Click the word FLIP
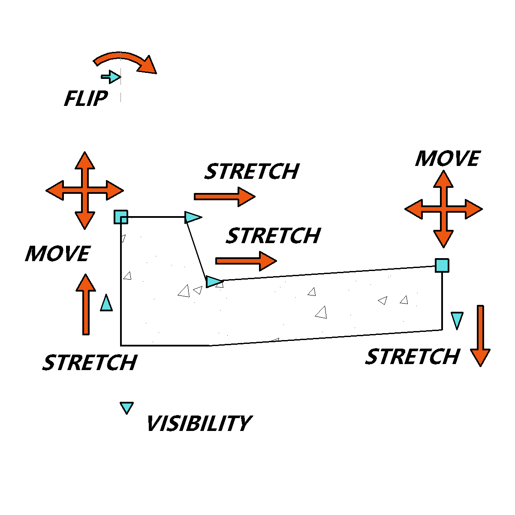[86, 98]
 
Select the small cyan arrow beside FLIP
[111, 77]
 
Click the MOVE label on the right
[448, 159]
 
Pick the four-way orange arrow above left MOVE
[85, 190]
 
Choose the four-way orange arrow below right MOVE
[443, 209]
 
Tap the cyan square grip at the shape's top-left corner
[121, 217]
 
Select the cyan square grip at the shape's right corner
[442, 265]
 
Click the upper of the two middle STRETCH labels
[252, 172]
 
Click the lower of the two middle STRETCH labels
[273, 235]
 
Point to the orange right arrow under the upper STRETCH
[225, 197]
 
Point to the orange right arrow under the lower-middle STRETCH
[246, 261]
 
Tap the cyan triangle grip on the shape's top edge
[193, 217]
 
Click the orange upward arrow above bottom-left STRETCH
[86, 304]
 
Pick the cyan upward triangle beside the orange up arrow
[106, 303]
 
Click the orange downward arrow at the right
[480, 336]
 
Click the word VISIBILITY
[199, 423]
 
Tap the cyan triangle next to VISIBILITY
[126, 408]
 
